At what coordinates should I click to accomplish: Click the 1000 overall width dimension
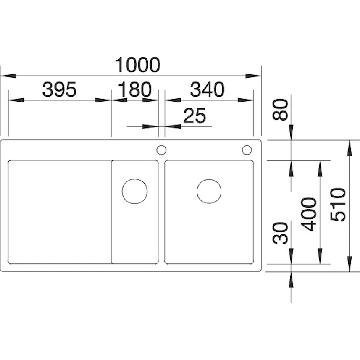[137, 65]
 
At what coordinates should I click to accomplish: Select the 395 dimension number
[59, 89]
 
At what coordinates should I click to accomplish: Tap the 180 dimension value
[135, 89]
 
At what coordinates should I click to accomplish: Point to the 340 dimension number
[207, 89]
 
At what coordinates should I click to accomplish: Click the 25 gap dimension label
[194, 116]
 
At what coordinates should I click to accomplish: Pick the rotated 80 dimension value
[280, 110]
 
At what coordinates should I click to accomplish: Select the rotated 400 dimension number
[309, 214]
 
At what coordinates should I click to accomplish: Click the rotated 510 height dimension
[338, 205]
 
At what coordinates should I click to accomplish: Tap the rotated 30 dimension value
[280, 233]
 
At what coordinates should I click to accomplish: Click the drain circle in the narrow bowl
[135, 179]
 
